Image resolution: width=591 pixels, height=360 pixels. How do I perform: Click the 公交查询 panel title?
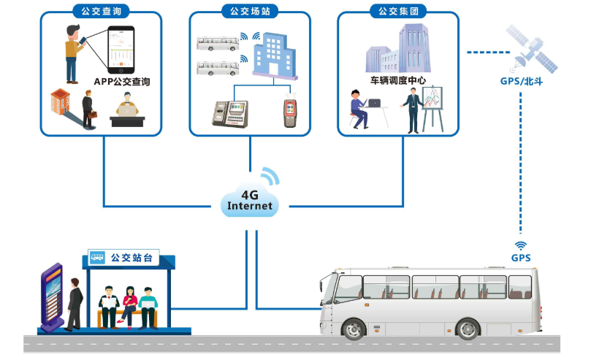102,11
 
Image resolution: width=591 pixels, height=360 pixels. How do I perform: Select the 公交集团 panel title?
397,11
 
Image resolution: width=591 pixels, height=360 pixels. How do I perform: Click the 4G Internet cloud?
249,201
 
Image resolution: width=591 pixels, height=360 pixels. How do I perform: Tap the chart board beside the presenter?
434,107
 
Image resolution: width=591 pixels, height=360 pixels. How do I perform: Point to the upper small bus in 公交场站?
216,43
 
